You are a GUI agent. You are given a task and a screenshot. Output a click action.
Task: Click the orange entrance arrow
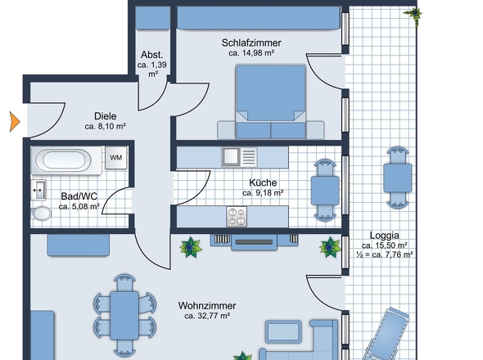click(x=15, y=122)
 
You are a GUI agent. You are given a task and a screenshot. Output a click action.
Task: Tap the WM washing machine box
click(x=115, y=158)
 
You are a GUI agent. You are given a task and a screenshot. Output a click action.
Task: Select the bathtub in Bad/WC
click(x=66, y=160)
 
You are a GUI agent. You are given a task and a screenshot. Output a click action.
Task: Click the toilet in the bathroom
click(x=41, y=214)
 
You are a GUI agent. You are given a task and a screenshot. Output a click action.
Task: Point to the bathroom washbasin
click(x=38, y=189)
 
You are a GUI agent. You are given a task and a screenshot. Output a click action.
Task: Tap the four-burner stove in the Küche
click(x=237, y=217)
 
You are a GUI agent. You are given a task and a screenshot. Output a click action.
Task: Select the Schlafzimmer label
click(x=251, y=43)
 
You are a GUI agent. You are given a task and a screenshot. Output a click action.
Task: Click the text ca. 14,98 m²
click(x=251, y=53)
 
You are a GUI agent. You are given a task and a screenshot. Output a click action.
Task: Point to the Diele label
click(x=106, y=116)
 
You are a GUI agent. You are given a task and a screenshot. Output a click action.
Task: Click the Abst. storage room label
click(x=152, y=55)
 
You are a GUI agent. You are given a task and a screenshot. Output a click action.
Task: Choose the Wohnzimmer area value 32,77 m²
click(x=207, y=316)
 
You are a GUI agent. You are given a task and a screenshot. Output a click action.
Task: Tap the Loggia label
click(x=385, y=236)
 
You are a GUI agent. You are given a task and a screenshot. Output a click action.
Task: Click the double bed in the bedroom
click(x=271, y=101)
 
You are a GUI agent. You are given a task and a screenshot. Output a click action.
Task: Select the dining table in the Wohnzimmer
click(x=124, y=316)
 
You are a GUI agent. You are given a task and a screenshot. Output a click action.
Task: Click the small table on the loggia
click(x=397, y=178)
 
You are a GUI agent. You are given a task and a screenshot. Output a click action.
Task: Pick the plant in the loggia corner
click(x=414, y=15)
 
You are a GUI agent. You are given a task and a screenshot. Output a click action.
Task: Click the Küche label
click(x=263, y=182)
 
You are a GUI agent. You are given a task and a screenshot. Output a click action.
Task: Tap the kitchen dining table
click(x=325, y=191)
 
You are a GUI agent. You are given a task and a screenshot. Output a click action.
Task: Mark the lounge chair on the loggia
click(x=387, y=334)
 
